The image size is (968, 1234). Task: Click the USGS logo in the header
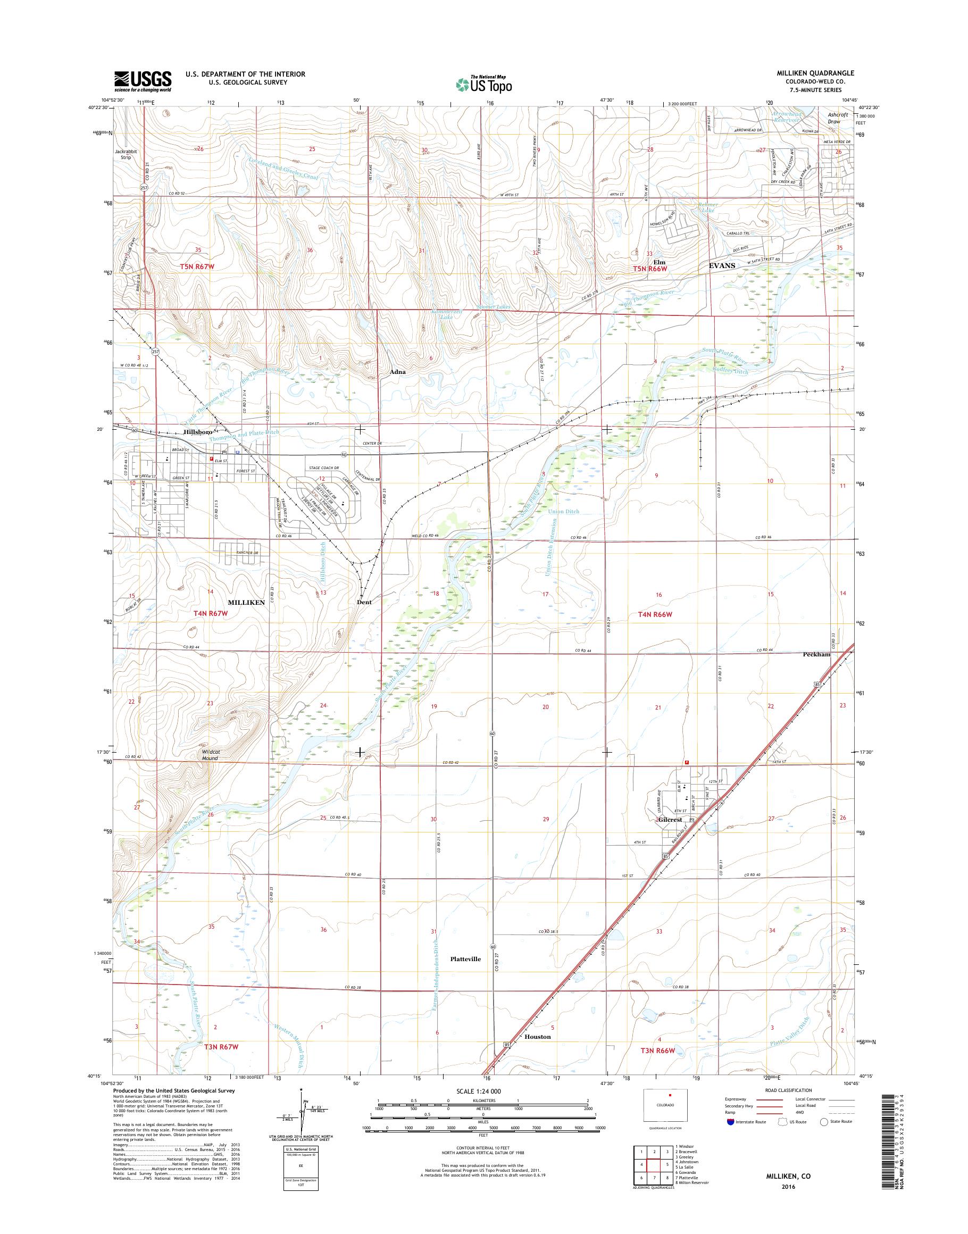[x=143, y=81]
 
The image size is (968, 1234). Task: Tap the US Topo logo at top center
[x=484, y=84]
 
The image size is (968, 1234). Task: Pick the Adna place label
[x=397, y=372]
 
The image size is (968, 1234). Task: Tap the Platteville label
[x=465, y=959]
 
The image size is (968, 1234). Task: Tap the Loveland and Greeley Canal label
[x=283, y=169]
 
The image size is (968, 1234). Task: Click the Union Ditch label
[x=564, y=511]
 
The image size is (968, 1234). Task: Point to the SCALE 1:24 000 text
[x=478, y=1090]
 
